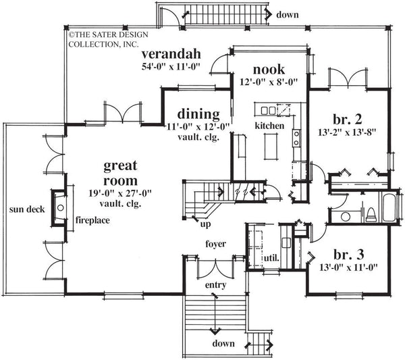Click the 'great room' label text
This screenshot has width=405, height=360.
tap(122, 172)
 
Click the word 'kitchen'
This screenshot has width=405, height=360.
tap(269, 126)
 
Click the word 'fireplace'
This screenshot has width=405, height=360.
tap(93, 220)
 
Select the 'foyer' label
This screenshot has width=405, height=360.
tap(215, 243)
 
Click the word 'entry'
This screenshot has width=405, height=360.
tap(215, 285)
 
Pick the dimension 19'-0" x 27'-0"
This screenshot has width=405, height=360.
tap(122, 192)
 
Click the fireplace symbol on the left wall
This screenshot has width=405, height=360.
tap(59, 208)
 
